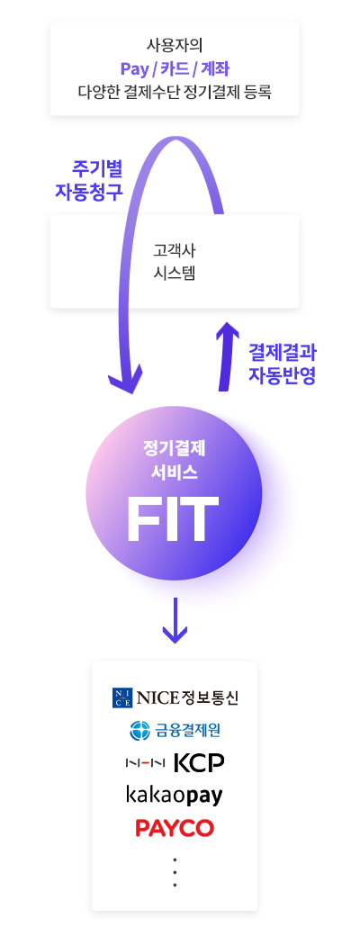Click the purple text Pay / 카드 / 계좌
pyautogui.click(x=174, y=68)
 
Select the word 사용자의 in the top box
pyautogui.click(x=174, y=45)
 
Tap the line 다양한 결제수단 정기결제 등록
pyautogui.click(x=175, y=93)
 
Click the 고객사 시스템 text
pyautogui.click(x=175, y=262)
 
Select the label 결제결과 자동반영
pyautogui.click(x=282, y=364)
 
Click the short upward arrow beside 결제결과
pyautogui.click(x=226, y=356)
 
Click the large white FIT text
pyautogui.click(x=173, y=518)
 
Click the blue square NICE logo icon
pyautogui.click(x=121, y=697)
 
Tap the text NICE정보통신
pyautogui.click(x=187, y=697)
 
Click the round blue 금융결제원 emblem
pyautogui.click(x=139, y=730)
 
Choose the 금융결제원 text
pyautogui.click(x=183, y=730)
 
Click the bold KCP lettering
pyautogui.click(x=199, y=762)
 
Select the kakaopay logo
pyautogui.click(x=175, y=796)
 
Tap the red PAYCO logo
pyautogui.click(x=175, y=828)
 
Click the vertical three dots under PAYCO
pyautogui.click(x=175, y=872)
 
